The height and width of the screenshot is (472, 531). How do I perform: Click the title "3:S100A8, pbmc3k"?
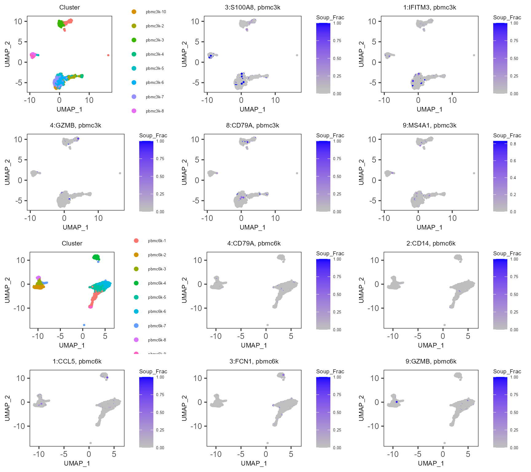(x=252, y=7)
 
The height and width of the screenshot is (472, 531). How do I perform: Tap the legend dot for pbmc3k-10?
(x=134, y=12)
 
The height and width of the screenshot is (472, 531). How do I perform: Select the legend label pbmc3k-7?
(x=155, y=97)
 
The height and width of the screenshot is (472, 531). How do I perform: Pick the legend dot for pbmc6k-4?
(x=136, y=283)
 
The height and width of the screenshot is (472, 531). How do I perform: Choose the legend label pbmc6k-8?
(x=157, y=340)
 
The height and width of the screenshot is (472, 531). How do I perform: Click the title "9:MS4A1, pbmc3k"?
(x=429, y=125)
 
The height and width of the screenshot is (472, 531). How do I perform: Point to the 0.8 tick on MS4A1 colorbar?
(x=513, y=144)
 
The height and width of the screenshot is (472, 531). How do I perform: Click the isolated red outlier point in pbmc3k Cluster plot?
(x=108, y=55)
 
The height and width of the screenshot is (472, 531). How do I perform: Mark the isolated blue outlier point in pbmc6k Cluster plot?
(x=84, y=325)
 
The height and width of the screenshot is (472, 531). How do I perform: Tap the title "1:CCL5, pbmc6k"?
(x=77, y=361)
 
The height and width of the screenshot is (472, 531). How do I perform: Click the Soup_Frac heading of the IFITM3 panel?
(x=507, y=18)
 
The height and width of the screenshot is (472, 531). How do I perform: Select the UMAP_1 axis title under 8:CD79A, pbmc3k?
(x=252, y=227)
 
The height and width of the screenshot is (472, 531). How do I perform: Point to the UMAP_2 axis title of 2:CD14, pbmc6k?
(x=361, y=290)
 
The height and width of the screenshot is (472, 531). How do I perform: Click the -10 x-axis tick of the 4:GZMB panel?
(x=30, y=218)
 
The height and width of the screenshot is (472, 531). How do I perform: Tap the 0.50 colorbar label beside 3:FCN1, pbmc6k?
(x=337, y=412)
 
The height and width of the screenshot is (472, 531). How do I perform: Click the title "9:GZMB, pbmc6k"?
(x=431, y=361)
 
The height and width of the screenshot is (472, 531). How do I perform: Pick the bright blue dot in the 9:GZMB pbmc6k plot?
(x=397, y=402)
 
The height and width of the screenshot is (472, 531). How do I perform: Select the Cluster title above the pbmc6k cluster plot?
(x=72, y=243)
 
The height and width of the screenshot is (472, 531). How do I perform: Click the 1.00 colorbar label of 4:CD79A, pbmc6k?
(x=337, y=259)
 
